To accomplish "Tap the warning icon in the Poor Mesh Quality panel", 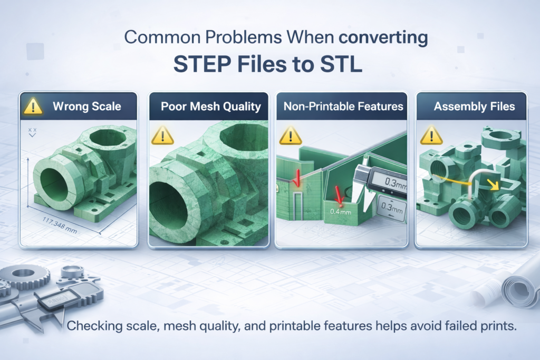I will tap(162, 135).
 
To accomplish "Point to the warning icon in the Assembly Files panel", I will tap(431, 135).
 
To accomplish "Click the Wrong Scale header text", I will tap(87, 106).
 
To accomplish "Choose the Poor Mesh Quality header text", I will tap(211, 106).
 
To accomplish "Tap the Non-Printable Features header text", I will tap(343, 106).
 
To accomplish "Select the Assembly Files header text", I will tap(474, 106).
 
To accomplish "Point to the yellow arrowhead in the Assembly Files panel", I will tap(494, 186).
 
